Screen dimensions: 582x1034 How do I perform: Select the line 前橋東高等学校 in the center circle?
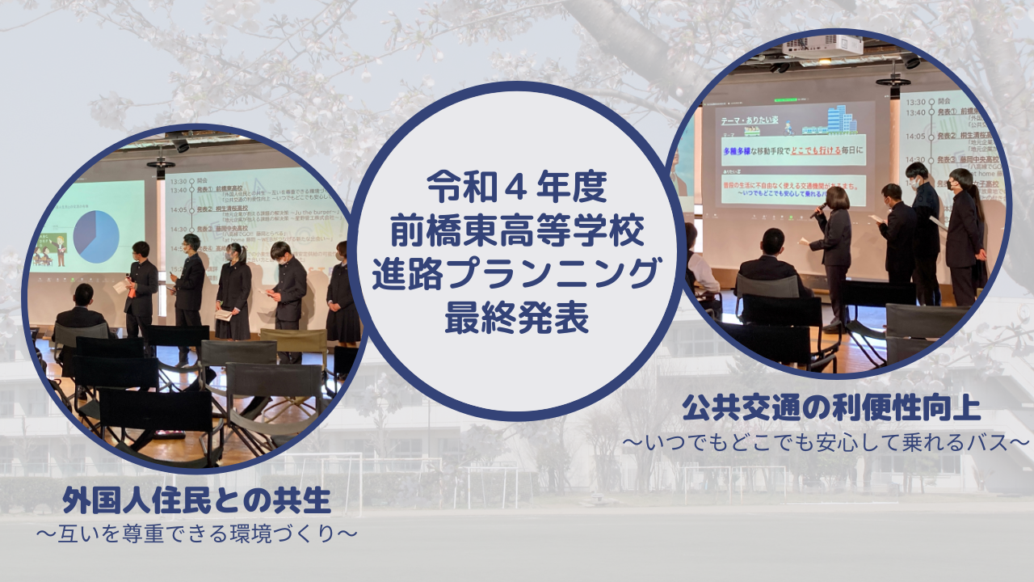pyautogui.click(x=517, y=234)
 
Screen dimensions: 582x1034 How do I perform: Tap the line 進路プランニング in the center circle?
pyautogui.click(x=517, y=276)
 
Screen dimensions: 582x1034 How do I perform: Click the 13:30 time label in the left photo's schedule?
pyautogui.click(x=179, y=182)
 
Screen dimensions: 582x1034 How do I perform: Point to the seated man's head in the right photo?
pyautogui.click(x=772, y=241)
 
